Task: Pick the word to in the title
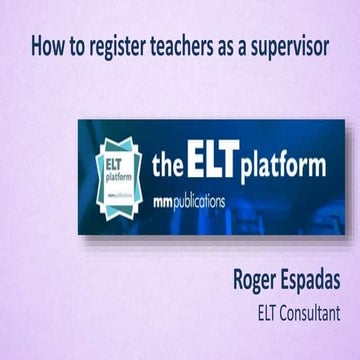(x=71, y=46)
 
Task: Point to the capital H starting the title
(x=36, y=46)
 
